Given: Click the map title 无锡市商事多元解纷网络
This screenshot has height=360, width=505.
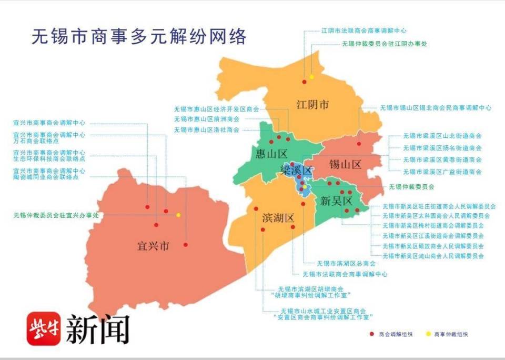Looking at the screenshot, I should click(x=139, y=37).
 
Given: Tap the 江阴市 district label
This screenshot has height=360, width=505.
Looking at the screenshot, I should click(x=312, y=104).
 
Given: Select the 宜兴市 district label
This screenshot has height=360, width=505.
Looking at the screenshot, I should click(x=153, y=246).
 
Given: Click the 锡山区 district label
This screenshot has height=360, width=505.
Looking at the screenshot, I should click(x=345, y=164).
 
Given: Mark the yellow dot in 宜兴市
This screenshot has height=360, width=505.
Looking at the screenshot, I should click(x=178, y=215).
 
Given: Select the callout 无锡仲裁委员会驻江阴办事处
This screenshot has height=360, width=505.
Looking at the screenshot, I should click(x=384, y=44).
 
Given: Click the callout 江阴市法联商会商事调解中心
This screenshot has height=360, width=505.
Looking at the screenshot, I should click(x=363, y=31).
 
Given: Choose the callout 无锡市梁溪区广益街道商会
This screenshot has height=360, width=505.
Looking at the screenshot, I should click(x=442, y=172).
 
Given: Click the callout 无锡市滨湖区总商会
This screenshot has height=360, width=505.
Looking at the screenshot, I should click(x=346, y=263).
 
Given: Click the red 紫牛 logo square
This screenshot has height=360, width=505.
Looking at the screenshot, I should click(x=44, y=328).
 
